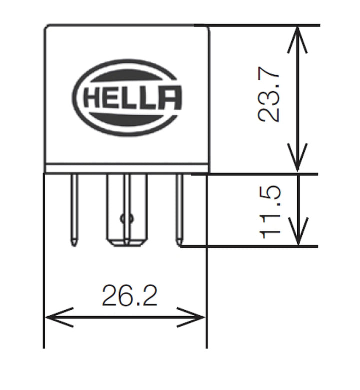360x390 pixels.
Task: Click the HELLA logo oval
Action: coord(127,98)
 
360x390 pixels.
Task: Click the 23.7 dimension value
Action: coord(269,98)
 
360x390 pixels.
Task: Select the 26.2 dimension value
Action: coord(129,296)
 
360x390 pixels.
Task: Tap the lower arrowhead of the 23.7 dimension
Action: coord(298,163)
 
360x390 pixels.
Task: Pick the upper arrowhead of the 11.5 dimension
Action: coord(298,183)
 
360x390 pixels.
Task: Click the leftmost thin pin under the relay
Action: coord(74,210)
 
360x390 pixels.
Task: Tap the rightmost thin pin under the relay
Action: coord(179,210)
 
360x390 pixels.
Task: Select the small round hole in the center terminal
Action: coord(125,218)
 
